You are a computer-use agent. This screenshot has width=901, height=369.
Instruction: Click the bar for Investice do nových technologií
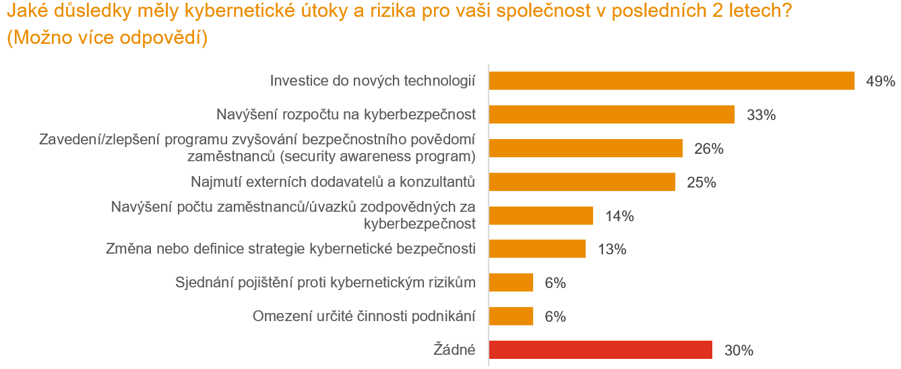[671, 81]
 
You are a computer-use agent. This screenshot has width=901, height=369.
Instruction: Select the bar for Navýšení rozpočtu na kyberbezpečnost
[611, 115]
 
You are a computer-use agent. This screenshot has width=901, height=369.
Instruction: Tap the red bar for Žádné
[600, 350]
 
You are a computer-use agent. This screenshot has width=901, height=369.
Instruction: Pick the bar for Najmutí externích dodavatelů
[582, 182]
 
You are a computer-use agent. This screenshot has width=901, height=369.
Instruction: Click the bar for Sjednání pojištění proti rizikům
[511, 283]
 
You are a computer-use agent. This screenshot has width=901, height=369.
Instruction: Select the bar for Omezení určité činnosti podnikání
[511, 316]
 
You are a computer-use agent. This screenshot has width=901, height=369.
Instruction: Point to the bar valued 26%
[586, 148]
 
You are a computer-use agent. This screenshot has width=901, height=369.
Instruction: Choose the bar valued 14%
[540, 216]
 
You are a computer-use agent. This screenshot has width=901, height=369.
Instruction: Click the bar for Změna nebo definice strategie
[537, 249]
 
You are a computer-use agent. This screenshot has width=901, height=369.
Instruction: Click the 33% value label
[762, 115]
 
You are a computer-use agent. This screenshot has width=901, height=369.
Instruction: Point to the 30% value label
[738, 351]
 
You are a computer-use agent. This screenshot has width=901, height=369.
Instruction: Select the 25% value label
[701, 183]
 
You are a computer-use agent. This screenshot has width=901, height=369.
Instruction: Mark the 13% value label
[612, 250]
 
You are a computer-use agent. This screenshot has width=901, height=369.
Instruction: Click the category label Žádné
[454, 350]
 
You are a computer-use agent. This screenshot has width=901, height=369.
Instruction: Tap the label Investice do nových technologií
[373, 81]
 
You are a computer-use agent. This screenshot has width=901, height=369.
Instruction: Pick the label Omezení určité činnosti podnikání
[364, 316]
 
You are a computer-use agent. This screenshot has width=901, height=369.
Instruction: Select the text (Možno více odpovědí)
[106, 38]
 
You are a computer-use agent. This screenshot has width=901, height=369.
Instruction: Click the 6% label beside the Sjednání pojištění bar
[555, 283]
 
